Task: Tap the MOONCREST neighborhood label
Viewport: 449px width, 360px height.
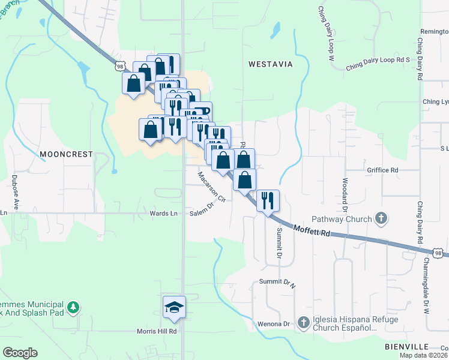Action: pos(66,154)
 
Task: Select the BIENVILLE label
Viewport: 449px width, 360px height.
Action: pos(406,347)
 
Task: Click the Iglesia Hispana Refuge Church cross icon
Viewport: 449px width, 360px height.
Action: pos(304,323)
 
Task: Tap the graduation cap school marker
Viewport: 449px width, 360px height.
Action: pos(174,307)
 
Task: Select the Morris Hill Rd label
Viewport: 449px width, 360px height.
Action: pos(156,331)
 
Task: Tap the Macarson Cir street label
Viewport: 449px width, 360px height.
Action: pos(211,187)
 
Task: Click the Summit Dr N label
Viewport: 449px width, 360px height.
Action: pos(277,281)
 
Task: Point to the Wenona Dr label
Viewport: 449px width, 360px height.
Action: pos(274,324)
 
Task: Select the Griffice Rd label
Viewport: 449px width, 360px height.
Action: pos(382,170)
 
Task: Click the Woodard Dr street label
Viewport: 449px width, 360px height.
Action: pos(345,194)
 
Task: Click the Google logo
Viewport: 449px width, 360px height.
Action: pos(20,353)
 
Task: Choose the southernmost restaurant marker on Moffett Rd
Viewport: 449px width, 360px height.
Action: pos(268,200)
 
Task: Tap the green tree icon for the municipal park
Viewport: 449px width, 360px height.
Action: pos(73,307)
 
